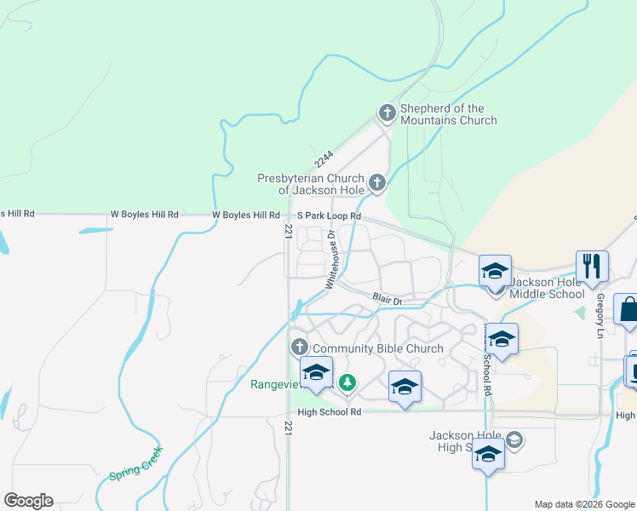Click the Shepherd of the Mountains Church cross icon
[x=387, y=112]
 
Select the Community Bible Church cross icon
[x=299, y=347]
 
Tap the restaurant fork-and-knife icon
[x=591, y=265]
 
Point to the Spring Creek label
[x=135, y=463]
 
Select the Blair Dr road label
[x=387, y=298]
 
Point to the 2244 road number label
[x=324, y=159]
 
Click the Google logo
[x=28, y=501]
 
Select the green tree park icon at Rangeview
[x=347, y=383]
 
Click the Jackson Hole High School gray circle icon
[x=514, y=439]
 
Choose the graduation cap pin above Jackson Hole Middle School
[x=495, y=270]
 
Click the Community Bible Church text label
[x=378, y=348]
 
